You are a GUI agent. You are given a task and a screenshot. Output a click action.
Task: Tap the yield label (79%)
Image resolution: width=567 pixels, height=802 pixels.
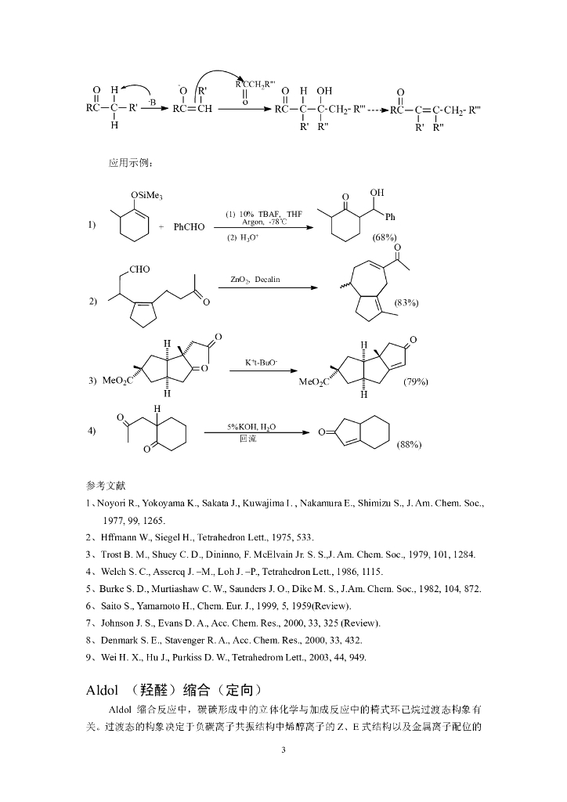click(416, 381)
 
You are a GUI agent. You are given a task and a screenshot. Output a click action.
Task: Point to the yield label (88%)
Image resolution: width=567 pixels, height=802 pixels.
click(410, 444)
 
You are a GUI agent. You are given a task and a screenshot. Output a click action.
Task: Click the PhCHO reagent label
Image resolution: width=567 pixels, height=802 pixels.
click(189, 227)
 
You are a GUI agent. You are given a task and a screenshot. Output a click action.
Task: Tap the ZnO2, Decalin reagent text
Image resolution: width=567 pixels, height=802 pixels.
click(255, 279)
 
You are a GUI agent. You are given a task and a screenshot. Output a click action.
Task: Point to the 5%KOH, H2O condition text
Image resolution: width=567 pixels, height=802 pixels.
click(251, 427)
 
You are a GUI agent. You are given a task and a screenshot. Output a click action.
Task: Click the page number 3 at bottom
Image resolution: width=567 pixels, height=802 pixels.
click(283, 751)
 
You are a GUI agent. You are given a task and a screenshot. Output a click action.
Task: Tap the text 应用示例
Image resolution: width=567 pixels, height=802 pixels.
click(131, 163)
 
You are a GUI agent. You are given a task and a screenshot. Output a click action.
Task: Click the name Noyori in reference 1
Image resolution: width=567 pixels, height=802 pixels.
click(113, 502)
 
